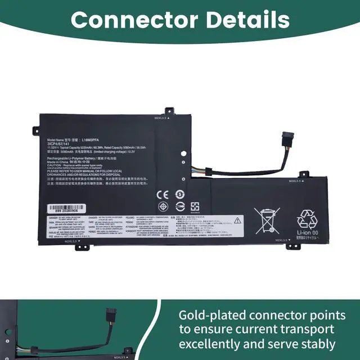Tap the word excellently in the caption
(x=214, y=343)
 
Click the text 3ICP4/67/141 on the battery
(x=58, y=144)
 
